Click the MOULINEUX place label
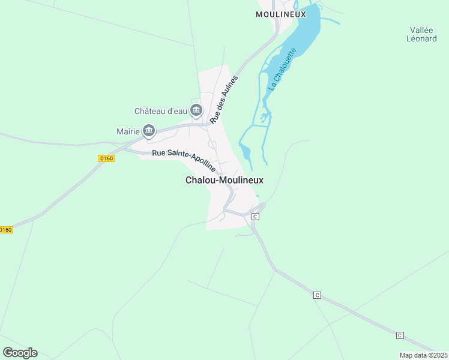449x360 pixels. (281, 14)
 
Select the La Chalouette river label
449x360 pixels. (281, 70)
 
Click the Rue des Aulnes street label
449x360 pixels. (224, 100)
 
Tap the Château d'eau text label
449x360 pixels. (160, 111)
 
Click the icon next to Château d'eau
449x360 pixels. (196, 110)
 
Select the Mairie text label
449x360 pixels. (128, 131)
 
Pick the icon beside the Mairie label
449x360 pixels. (149, 130)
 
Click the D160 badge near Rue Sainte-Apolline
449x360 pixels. (106, 158)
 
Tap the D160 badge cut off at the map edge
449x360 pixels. (5, 230)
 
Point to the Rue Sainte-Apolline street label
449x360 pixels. (184, 160)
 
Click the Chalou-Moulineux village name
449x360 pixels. (224, 180)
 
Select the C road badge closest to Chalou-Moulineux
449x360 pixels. (255, 216)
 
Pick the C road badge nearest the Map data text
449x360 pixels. (400, 335)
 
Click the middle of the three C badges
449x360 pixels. (317, 295)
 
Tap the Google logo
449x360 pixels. (20, 353)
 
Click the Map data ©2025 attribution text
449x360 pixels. (423, 355)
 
